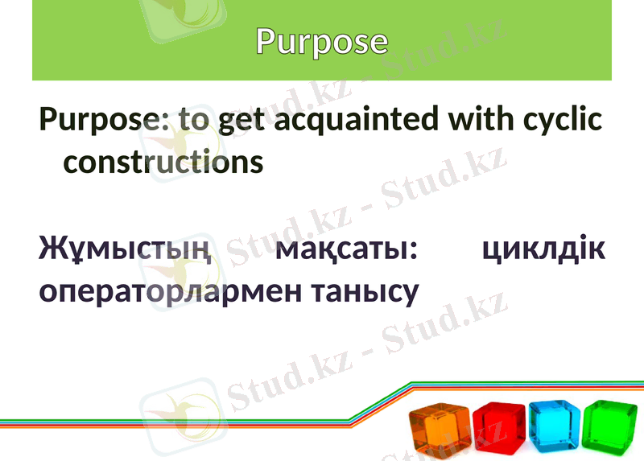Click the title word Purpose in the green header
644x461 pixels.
322,41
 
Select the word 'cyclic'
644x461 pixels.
563,121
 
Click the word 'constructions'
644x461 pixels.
163,162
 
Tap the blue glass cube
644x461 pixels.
554,425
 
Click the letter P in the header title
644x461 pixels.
266,41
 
